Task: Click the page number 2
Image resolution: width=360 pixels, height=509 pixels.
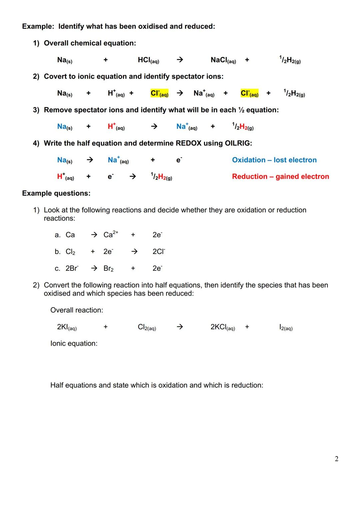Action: pos(336,459)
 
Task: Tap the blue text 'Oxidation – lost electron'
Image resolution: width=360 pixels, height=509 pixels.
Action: pos(274,160)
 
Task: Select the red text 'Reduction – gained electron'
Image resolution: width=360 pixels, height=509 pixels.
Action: pos(280,177)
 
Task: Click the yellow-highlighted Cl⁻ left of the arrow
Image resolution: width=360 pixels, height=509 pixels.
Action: pos(159,93)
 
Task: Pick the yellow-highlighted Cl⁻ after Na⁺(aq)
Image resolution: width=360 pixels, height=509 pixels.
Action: pos(249,93)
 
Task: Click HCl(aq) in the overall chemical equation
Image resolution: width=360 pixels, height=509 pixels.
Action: pos(148,60)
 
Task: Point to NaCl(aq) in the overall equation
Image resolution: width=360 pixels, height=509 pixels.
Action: pos(223,60)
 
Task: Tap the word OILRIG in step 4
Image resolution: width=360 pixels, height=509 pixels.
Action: pos(237,143)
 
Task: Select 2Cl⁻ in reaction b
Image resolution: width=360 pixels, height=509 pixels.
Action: pos(159,252)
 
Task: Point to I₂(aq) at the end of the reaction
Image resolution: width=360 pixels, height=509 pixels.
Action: pos(286,327)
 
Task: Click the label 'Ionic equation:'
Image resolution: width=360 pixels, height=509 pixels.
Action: pos(74,344)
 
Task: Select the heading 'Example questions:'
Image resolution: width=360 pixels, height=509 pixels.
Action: pos(56,193)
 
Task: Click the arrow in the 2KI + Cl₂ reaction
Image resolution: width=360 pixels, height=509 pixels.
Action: pos(180,327)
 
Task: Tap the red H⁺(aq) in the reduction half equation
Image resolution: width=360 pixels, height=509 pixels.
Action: pos(65,177)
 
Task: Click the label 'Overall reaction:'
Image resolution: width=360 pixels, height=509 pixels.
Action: pos(76,310)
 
